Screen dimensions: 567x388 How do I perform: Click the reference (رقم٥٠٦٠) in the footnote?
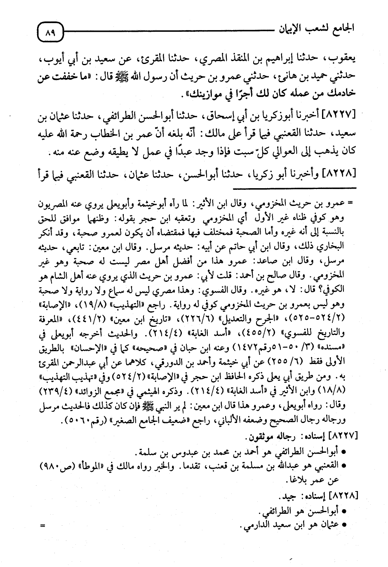(83, 422)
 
